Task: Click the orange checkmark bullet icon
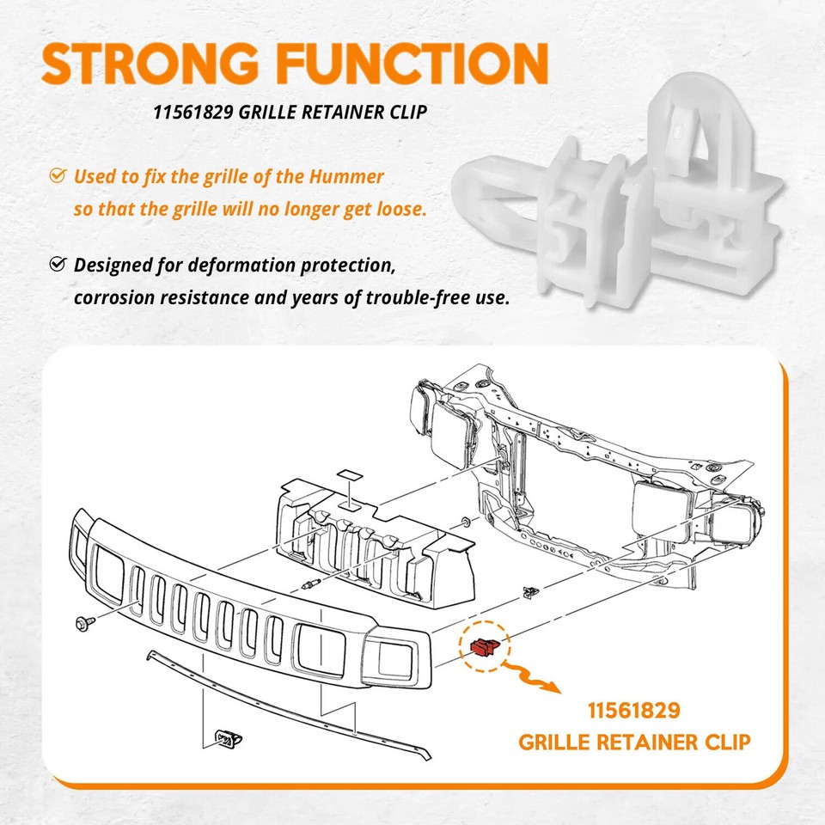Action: (x=57, y=176)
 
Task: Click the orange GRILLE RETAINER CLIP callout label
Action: (x=634, y=741)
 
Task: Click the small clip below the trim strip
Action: (x=226, y=736)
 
